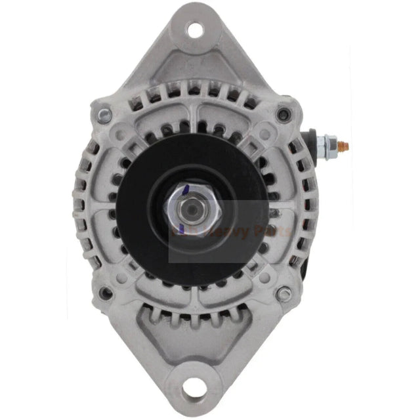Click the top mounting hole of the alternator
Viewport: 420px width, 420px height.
[195, 29]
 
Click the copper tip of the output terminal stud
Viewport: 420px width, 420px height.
[347, 145]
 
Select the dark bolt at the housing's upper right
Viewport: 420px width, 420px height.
[283, 115]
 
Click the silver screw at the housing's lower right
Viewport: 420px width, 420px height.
[283, 293]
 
